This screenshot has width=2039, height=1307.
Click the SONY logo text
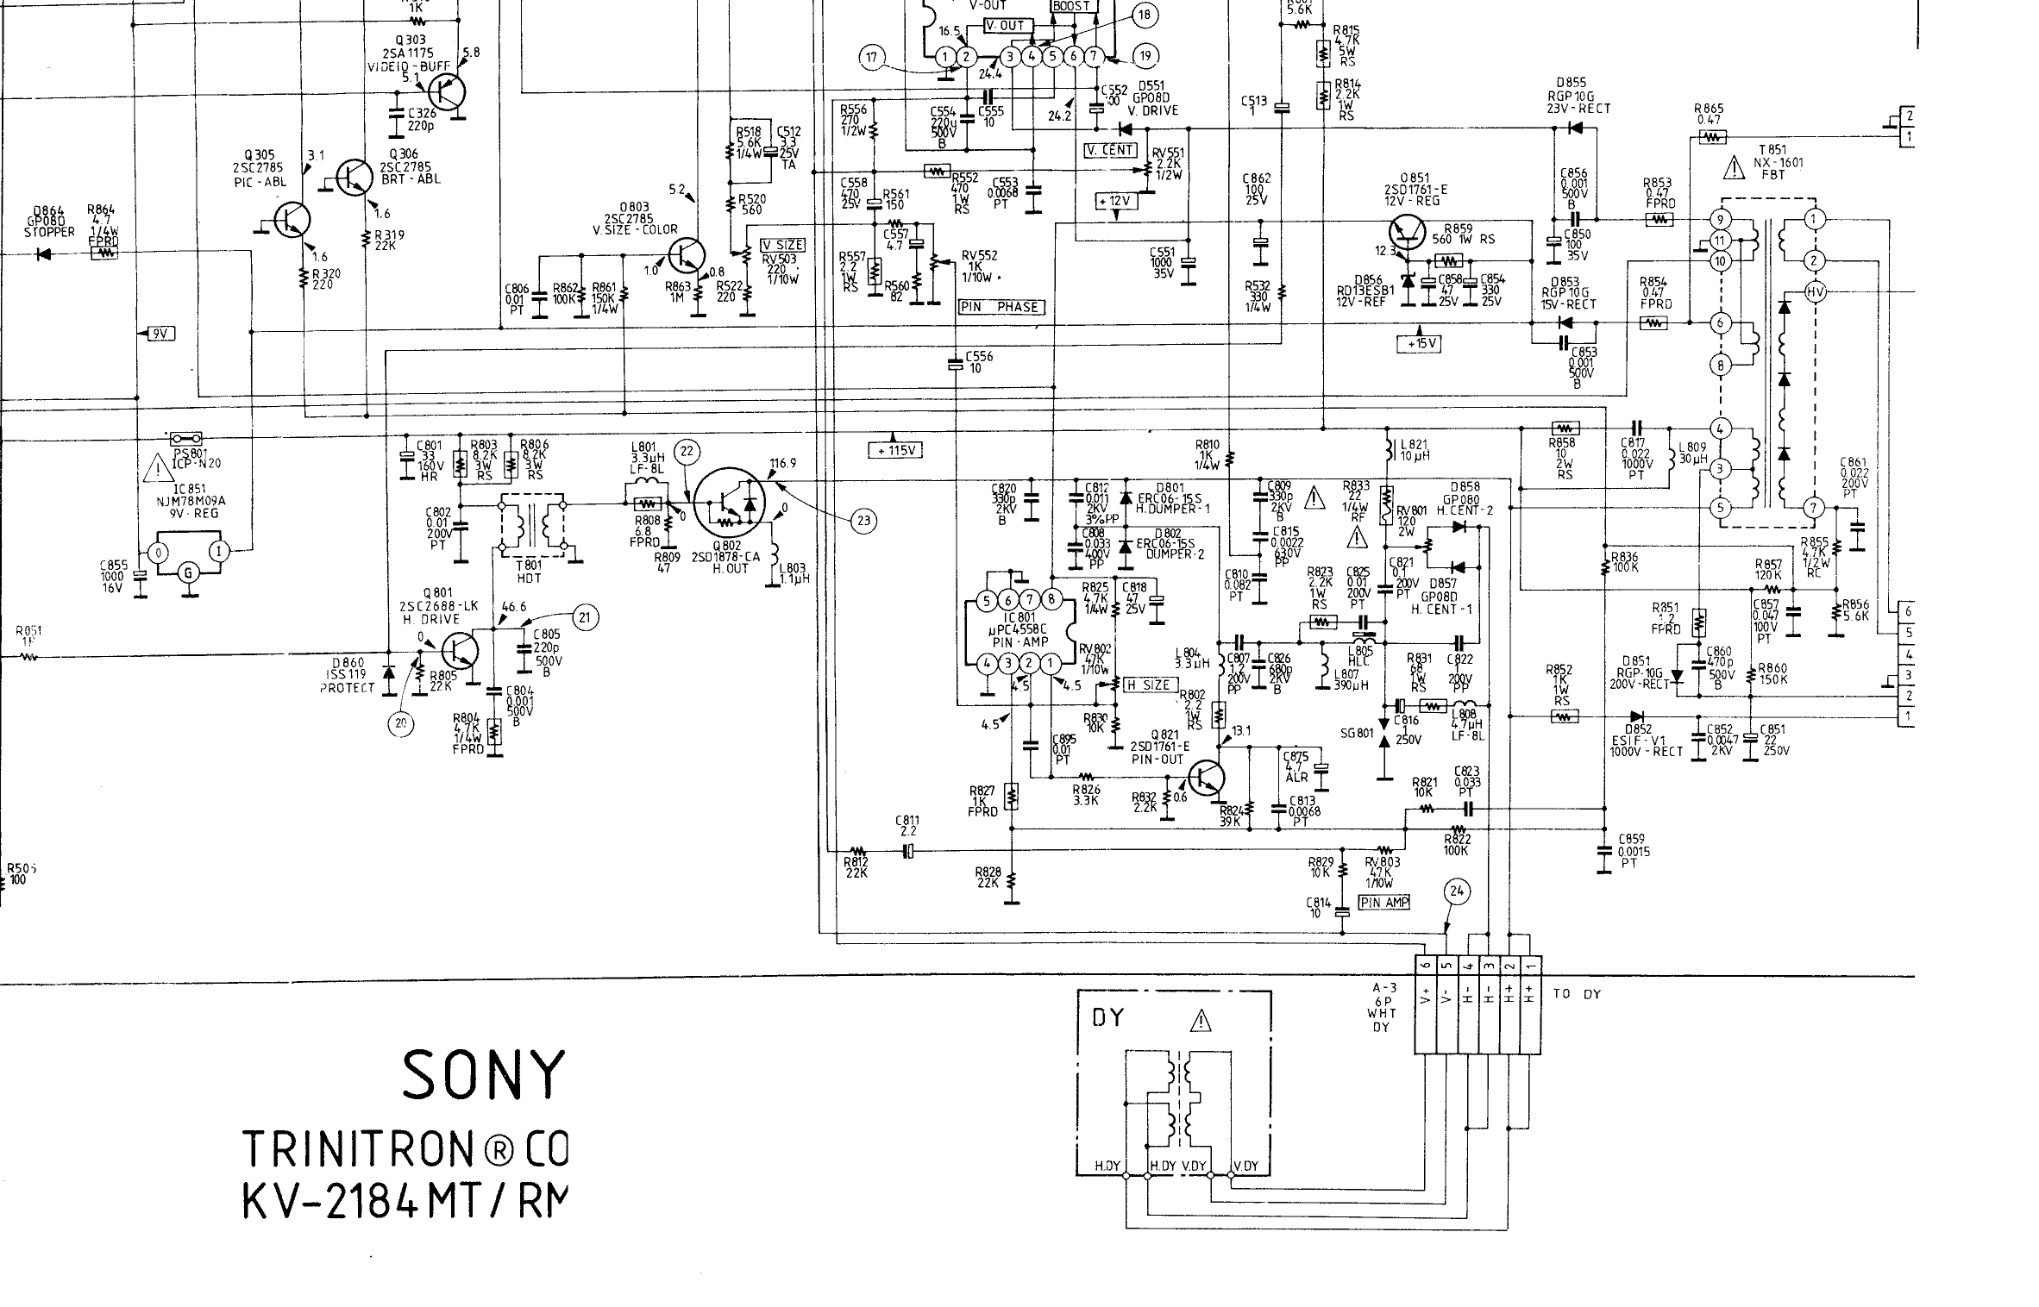pyautogui.click(x=483, y=1074)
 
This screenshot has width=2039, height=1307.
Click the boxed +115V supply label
pyautogui.click(x=896, y=450)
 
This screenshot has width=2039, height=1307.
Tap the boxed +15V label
pyautogui.click(x=1419, y=344)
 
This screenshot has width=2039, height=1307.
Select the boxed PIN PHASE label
pyautogui.click(x=1000, y=307)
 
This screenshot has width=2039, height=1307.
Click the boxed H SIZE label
pyautogui.click(x=1149, y=685)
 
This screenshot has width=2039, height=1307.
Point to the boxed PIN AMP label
pyautogui.click(x=1384, y=903)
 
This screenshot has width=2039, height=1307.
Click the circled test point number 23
pyautogui.click(x=863, y=520)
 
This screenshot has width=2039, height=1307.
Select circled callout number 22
pyautogui.click(x=687, y=451)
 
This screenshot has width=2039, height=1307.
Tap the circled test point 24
pyautogui.click(x=1457, y=892)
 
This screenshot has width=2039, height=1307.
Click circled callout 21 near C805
pyautogui.click(x=585, y=617)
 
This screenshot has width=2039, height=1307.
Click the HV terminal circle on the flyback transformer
pyautogui.click(x=1815, y=293)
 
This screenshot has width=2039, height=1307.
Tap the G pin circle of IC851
pyautogui.click(x=187, y=572)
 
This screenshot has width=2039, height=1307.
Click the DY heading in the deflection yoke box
pyautogui.click(x=1108, y=1018)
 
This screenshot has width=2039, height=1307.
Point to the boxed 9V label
pyautogui.click(x=160, y=334)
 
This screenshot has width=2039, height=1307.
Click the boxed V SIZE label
pyautogui.click(x=783, y=245)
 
